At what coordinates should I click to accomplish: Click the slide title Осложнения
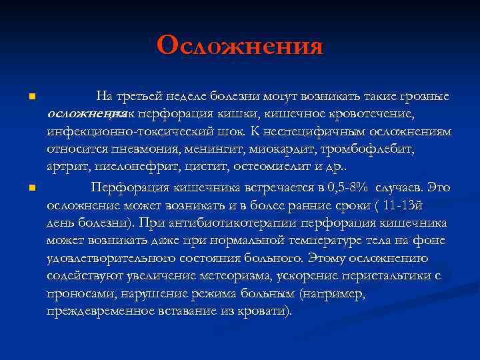[240, 45]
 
